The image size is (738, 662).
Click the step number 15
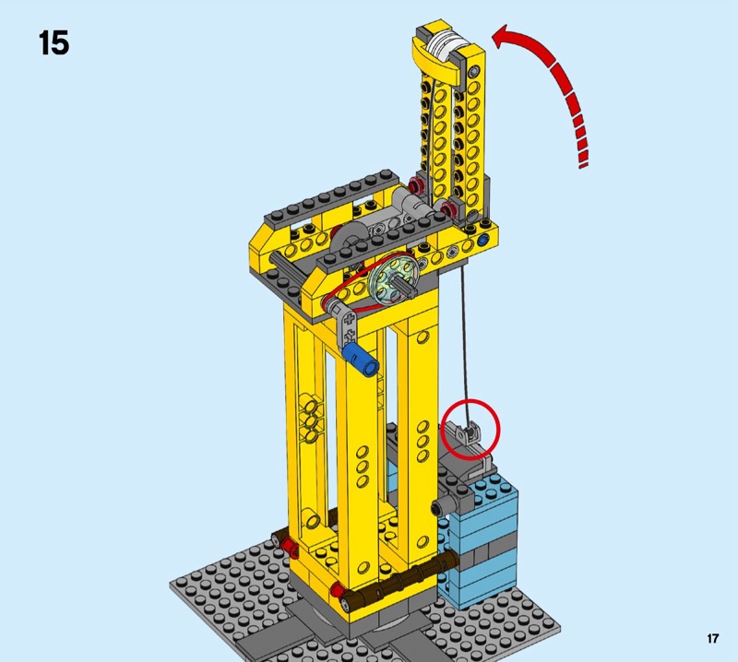pyautogui.click(x=54, y=43)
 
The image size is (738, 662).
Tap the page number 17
pyautogui.click(x=712, y=638)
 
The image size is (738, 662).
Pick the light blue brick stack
pyautogui.click(x=480, y=541)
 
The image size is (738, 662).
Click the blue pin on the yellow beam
pyautogui.click(x=482, y=241)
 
